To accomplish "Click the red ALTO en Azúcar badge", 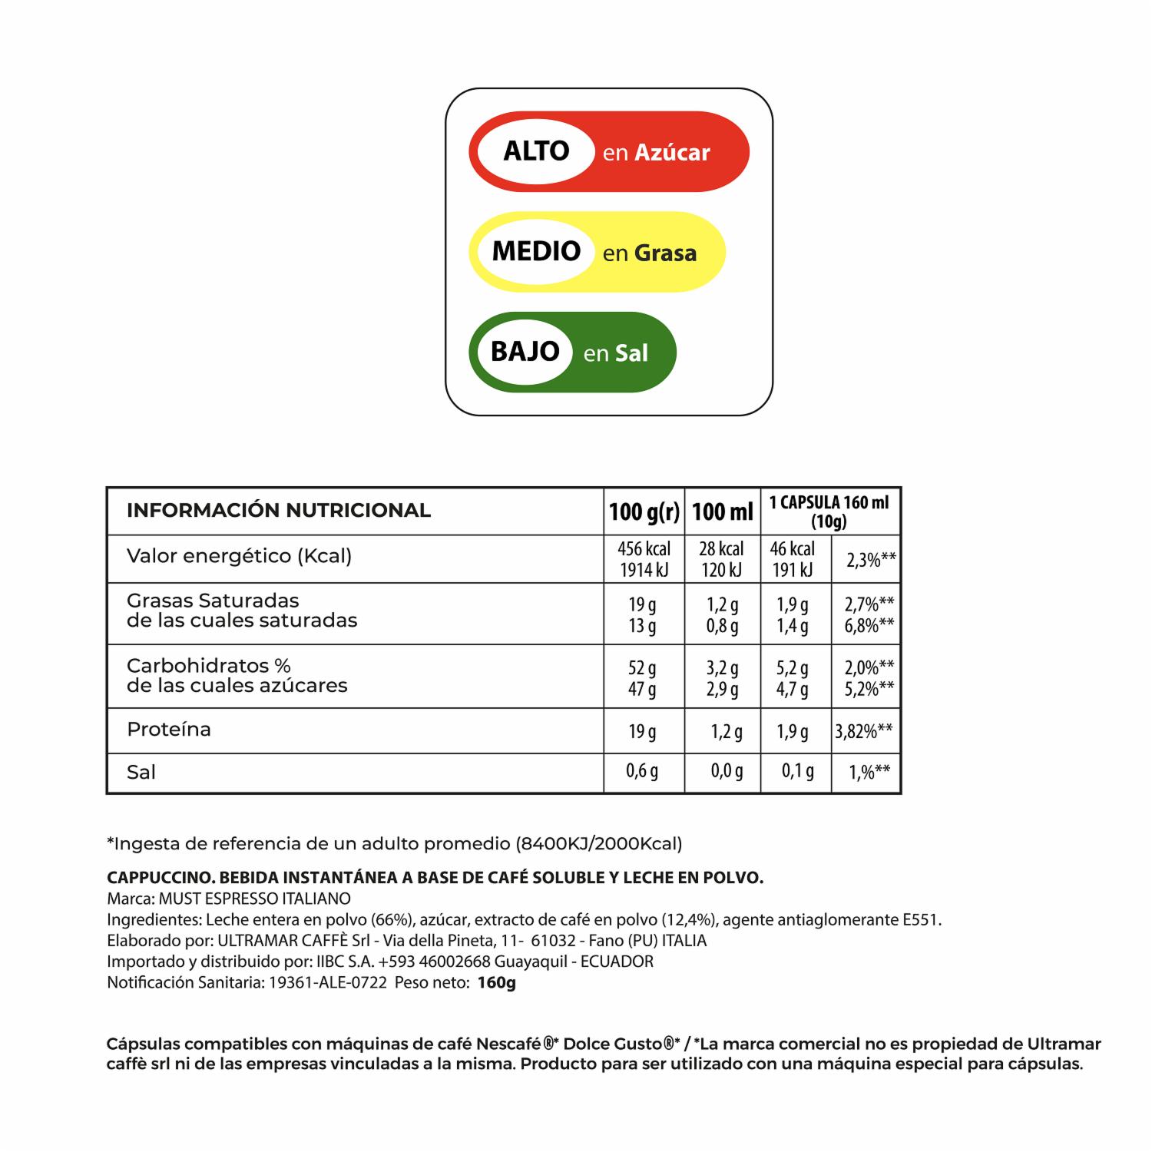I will pos(608,151).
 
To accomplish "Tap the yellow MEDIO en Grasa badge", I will pos(597,252).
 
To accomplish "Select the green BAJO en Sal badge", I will pos(572,353).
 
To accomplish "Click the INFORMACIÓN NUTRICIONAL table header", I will pos(279,511).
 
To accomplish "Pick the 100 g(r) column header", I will pos(644,511).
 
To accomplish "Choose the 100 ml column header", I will pos(722,511).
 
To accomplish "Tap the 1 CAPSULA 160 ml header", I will pos(829,511).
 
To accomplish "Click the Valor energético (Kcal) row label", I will pos(239,556).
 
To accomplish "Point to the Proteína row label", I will pos(169,730).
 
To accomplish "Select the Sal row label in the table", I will pos(141,773).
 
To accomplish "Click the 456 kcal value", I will pos(644,549).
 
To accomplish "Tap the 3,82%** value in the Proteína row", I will pos(865,731).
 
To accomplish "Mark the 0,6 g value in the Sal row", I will pos(642,771).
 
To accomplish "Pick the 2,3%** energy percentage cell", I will pos(871,560).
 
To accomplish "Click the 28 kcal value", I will pos(721,549).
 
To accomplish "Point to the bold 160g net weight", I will pos(497,983).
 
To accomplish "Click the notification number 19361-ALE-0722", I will pos(328,983).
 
